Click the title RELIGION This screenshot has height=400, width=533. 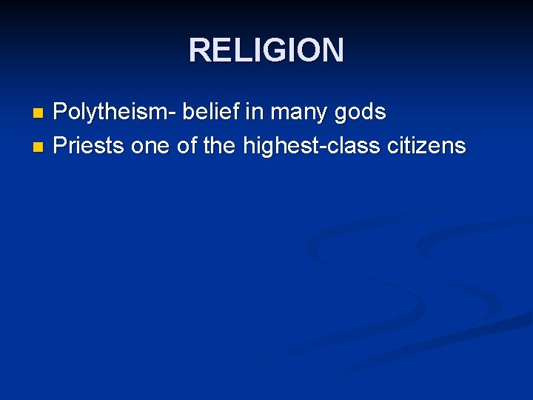[266, 50]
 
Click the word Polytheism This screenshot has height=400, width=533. [111, 113]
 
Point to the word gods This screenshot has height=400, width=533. [361, 113]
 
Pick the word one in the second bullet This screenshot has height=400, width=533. [150, 147]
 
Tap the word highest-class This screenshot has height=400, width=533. [310, 147]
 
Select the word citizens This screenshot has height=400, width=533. [427, 146]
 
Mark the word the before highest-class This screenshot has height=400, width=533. [218, 146]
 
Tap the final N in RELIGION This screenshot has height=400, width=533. [332, 50]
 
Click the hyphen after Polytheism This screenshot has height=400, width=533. [172, 115]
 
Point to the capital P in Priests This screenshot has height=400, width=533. [61, 146]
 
